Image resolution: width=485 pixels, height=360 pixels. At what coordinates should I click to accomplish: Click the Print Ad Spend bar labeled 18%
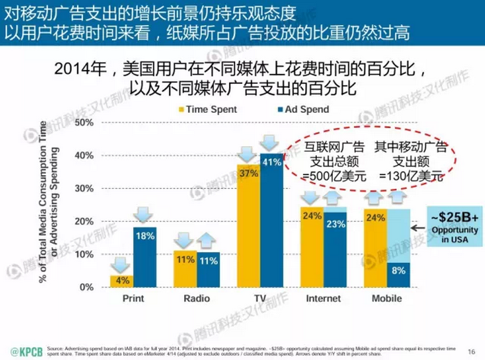click(x=145, y=258)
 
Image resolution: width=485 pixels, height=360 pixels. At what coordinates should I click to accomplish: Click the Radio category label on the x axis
click(x=196, y=299)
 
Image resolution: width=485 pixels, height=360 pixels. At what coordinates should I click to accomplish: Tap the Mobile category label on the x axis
click(x=386, y=299)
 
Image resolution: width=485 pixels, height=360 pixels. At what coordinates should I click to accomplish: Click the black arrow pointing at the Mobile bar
click(x=418, y=226)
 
